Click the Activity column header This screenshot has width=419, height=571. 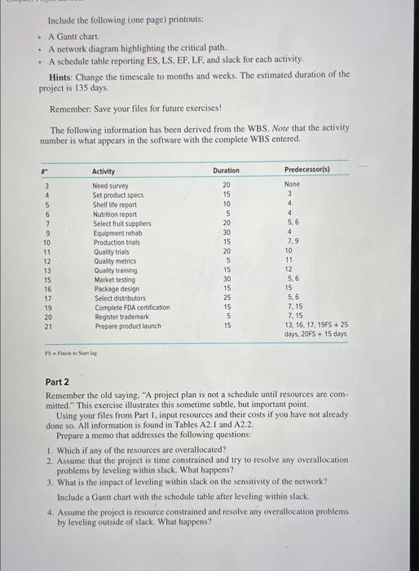click(104, 170)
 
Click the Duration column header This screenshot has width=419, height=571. click(226, 170)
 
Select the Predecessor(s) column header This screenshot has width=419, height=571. click(307, 170)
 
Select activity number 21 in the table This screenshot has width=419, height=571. click(47, 326)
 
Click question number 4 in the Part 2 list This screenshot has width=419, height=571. click(51, 512)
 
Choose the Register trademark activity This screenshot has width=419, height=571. click(120, 316)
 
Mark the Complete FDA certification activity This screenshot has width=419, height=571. click(131, 308)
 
